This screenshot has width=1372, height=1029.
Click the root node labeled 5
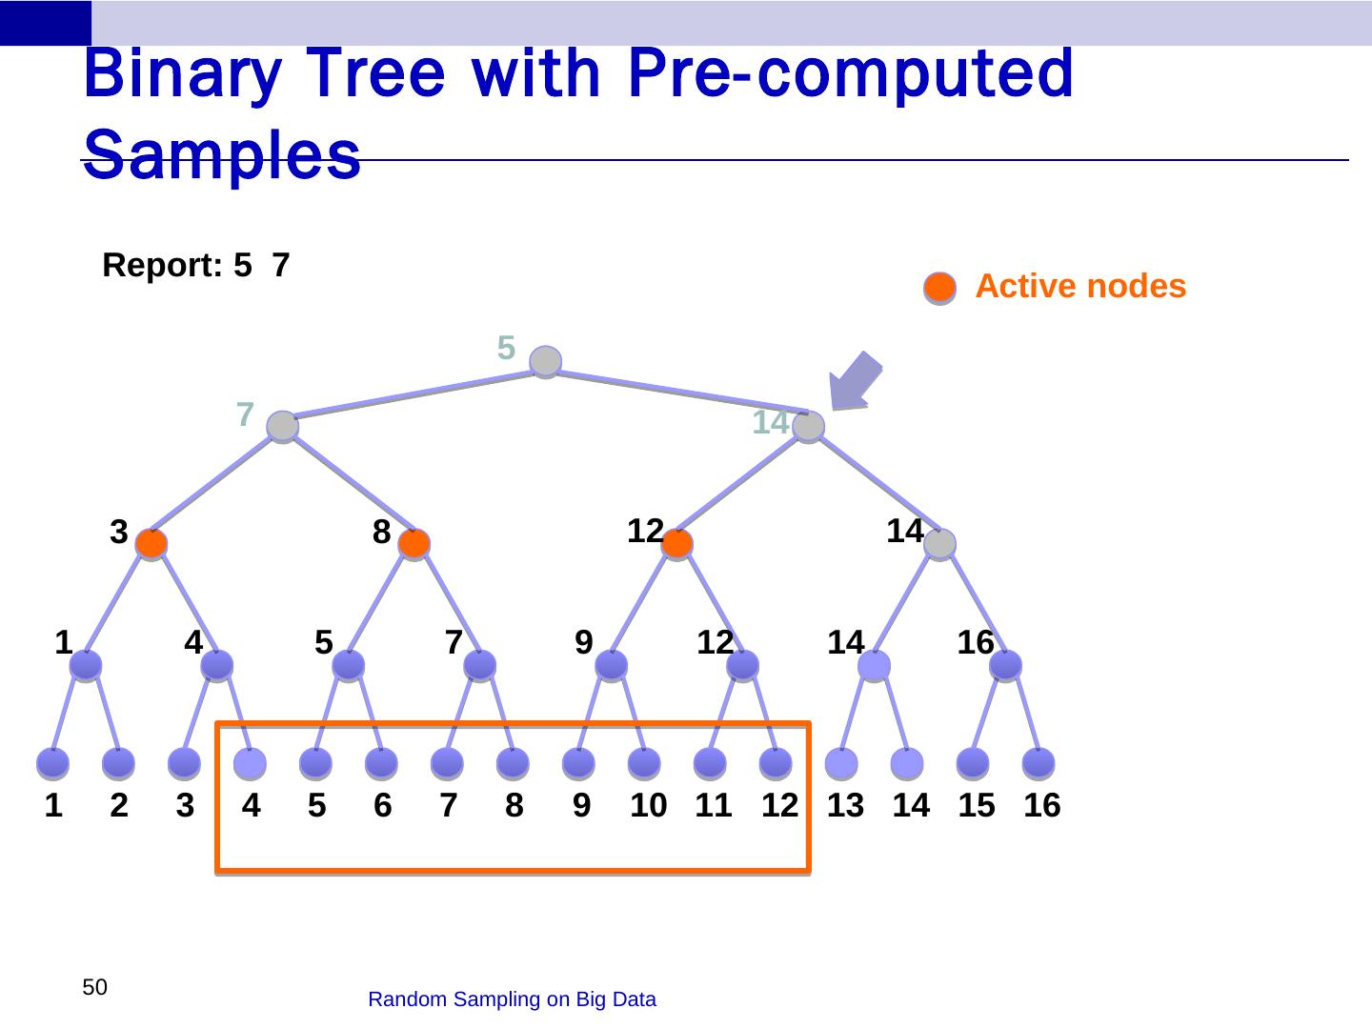point(545,361)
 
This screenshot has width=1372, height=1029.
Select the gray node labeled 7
point(283,426)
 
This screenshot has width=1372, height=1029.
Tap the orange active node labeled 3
point(151,544)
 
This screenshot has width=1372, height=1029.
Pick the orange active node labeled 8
point(414,544)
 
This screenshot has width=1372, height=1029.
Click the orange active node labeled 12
point(676,544)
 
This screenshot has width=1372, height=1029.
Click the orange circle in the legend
point(940,287)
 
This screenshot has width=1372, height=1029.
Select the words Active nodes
point(1080,286)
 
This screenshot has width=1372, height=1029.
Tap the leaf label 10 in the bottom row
point(648,806)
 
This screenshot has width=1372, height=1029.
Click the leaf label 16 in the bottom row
point(1041,806)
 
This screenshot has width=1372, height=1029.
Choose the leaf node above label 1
point(53,763)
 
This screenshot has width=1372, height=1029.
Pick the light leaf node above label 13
point(841,763)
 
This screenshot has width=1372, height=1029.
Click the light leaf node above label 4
point(250,763)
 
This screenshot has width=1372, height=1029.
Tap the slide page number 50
point(94,987)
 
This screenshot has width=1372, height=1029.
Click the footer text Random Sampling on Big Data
point(512,999)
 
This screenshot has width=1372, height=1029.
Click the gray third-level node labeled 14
point(939,544)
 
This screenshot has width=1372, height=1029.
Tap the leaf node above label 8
point(513,763)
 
